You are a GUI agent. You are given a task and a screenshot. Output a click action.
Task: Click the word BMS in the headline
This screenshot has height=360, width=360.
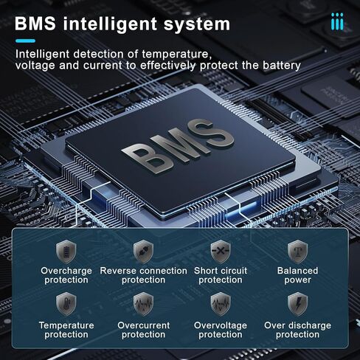pos(35,24)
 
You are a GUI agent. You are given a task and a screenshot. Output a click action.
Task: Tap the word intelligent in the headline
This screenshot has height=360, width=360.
pos(110,24)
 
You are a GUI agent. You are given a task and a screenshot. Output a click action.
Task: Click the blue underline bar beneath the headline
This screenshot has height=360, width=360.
pos(25,41)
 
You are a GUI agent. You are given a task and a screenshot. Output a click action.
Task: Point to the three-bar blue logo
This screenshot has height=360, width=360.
pos(337,21)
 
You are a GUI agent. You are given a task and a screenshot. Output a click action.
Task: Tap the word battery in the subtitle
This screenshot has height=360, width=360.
pos(282,66)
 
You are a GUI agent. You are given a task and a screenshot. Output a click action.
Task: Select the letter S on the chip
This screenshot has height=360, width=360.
pos(211,134)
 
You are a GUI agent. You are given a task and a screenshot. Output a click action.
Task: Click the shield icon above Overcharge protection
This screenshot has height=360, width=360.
pos(66,252)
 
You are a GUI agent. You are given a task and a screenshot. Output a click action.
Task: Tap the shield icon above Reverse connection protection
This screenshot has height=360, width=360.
pos(143,252)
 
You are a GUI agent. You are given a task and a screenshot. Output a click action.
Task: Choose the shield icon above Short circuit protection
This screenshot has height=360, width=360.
pos(221,252)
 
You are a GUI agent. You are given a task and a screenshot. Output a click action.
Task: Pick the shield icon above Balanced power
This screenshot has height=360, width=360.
pos(297,252)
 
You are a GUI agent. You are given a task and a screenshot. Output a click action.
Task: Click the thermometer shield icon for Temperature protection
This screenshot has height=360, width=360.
pos(66,304)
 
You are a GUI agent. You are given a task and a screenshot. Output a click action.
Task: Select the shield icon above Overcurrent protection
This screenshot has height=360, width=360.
pos(143,304)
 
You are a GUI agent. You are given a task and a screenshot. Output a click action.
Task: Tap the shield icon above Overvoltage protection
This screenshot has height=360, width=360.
pos(221,304)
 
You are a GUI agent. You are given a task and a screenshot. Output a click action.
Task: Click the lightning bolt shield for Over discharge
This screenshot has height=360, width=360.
pos(297,304)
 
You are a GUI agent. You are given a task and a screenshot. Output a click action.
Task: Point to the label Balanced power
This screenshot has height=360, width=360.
pos(297,275)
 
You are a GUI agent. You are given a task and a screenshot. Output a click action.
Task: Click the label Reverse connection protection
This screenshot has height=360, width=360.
pos(143,275)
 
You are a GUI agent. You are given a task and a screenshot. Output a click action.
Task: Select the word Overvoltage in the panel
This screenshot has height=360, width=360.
pos(221,326)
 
